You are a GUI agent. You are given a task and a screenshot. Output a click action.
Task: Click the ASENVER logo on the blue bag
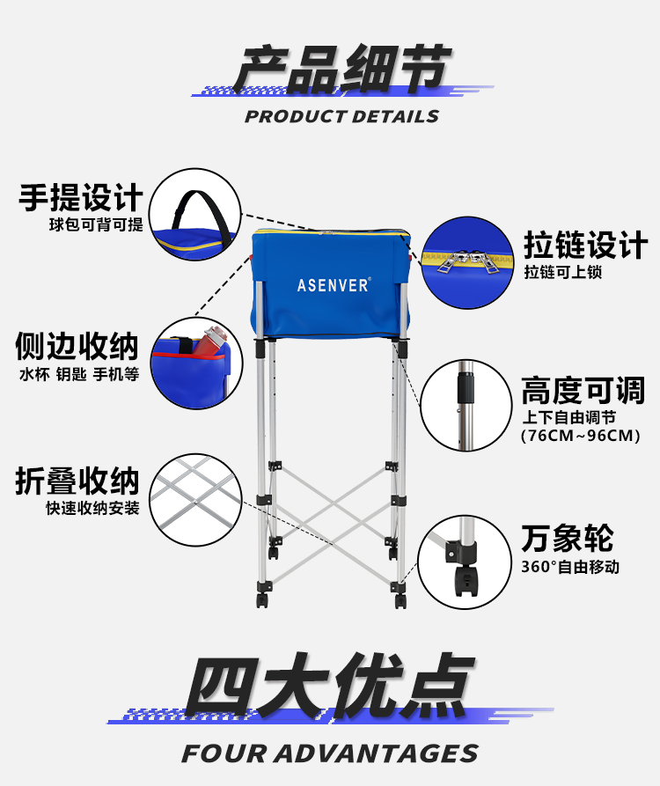point(334,285)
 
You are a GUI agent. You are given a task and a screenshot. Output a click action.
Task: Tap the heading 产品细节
point(341,70)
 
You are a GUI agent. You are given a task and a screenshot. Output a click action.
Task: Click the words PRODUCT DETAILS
point(341,116)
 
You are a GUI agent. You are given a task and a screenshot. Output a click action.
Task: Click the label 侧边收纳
point(77,345)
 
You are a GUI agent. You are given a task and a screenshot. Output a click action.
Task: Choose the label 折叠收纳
point(77,481)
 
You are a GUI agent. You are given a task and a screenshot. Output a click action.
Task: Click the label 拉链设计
point(584,245)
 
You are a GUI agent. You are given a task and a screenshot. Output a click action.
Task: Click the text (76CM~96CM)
point(580,436)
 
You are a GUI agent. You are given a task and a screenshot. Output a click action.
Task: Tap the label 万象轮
point(567,538)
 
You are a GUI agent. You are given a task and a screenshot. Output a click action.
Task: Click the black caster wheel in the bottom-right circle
point(465,582)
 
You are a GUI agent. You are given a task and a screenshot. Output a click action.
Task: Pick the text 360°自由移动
point(570,567)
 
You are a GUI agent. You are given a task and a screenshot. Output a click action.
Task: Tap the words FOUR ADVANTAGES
point(330,753)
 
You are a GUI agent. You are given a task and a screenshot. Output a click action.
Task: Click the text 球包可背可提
point(96,224)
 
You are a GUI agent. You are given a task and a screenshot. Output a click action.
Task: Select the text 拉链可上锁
point(563,273)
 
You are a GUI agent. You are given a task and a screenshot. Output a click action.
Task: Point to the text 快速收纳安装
point(93,509)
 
